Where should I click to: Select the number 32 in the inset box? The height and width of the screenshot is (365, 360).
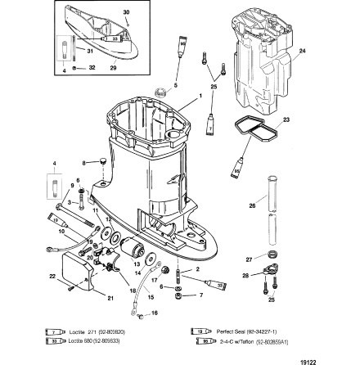pos(91,66)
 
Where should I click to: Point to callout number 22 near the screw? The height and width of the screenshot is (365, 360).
pos(50,276)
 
